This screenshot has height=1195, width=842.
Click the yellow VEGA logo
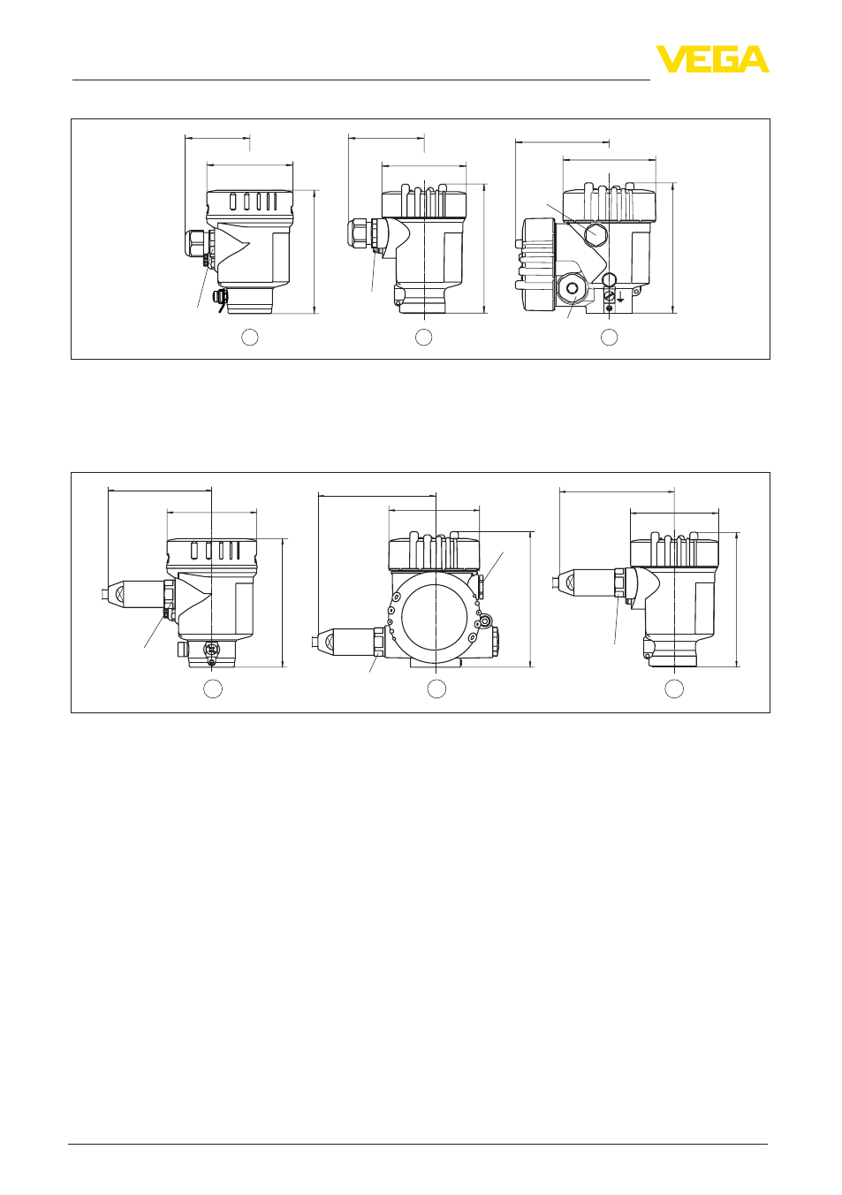point(712,59)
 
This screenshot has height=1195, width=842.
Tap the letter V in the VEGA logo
point(671,59)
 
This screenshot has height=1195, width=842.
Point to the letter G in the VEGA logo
point(724,59)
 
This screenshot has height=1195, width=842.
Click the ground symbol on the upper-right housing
point(620,298)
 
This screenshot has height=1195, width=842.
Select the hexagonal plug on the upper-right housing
point(595,233)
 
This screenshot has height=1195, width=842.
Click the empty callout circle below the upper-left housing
point(249,337)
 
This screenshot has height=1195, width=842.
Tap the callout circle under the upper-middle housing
point(423,337)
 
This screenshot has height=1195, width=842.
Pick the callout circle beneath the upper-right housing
point(609,337)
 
